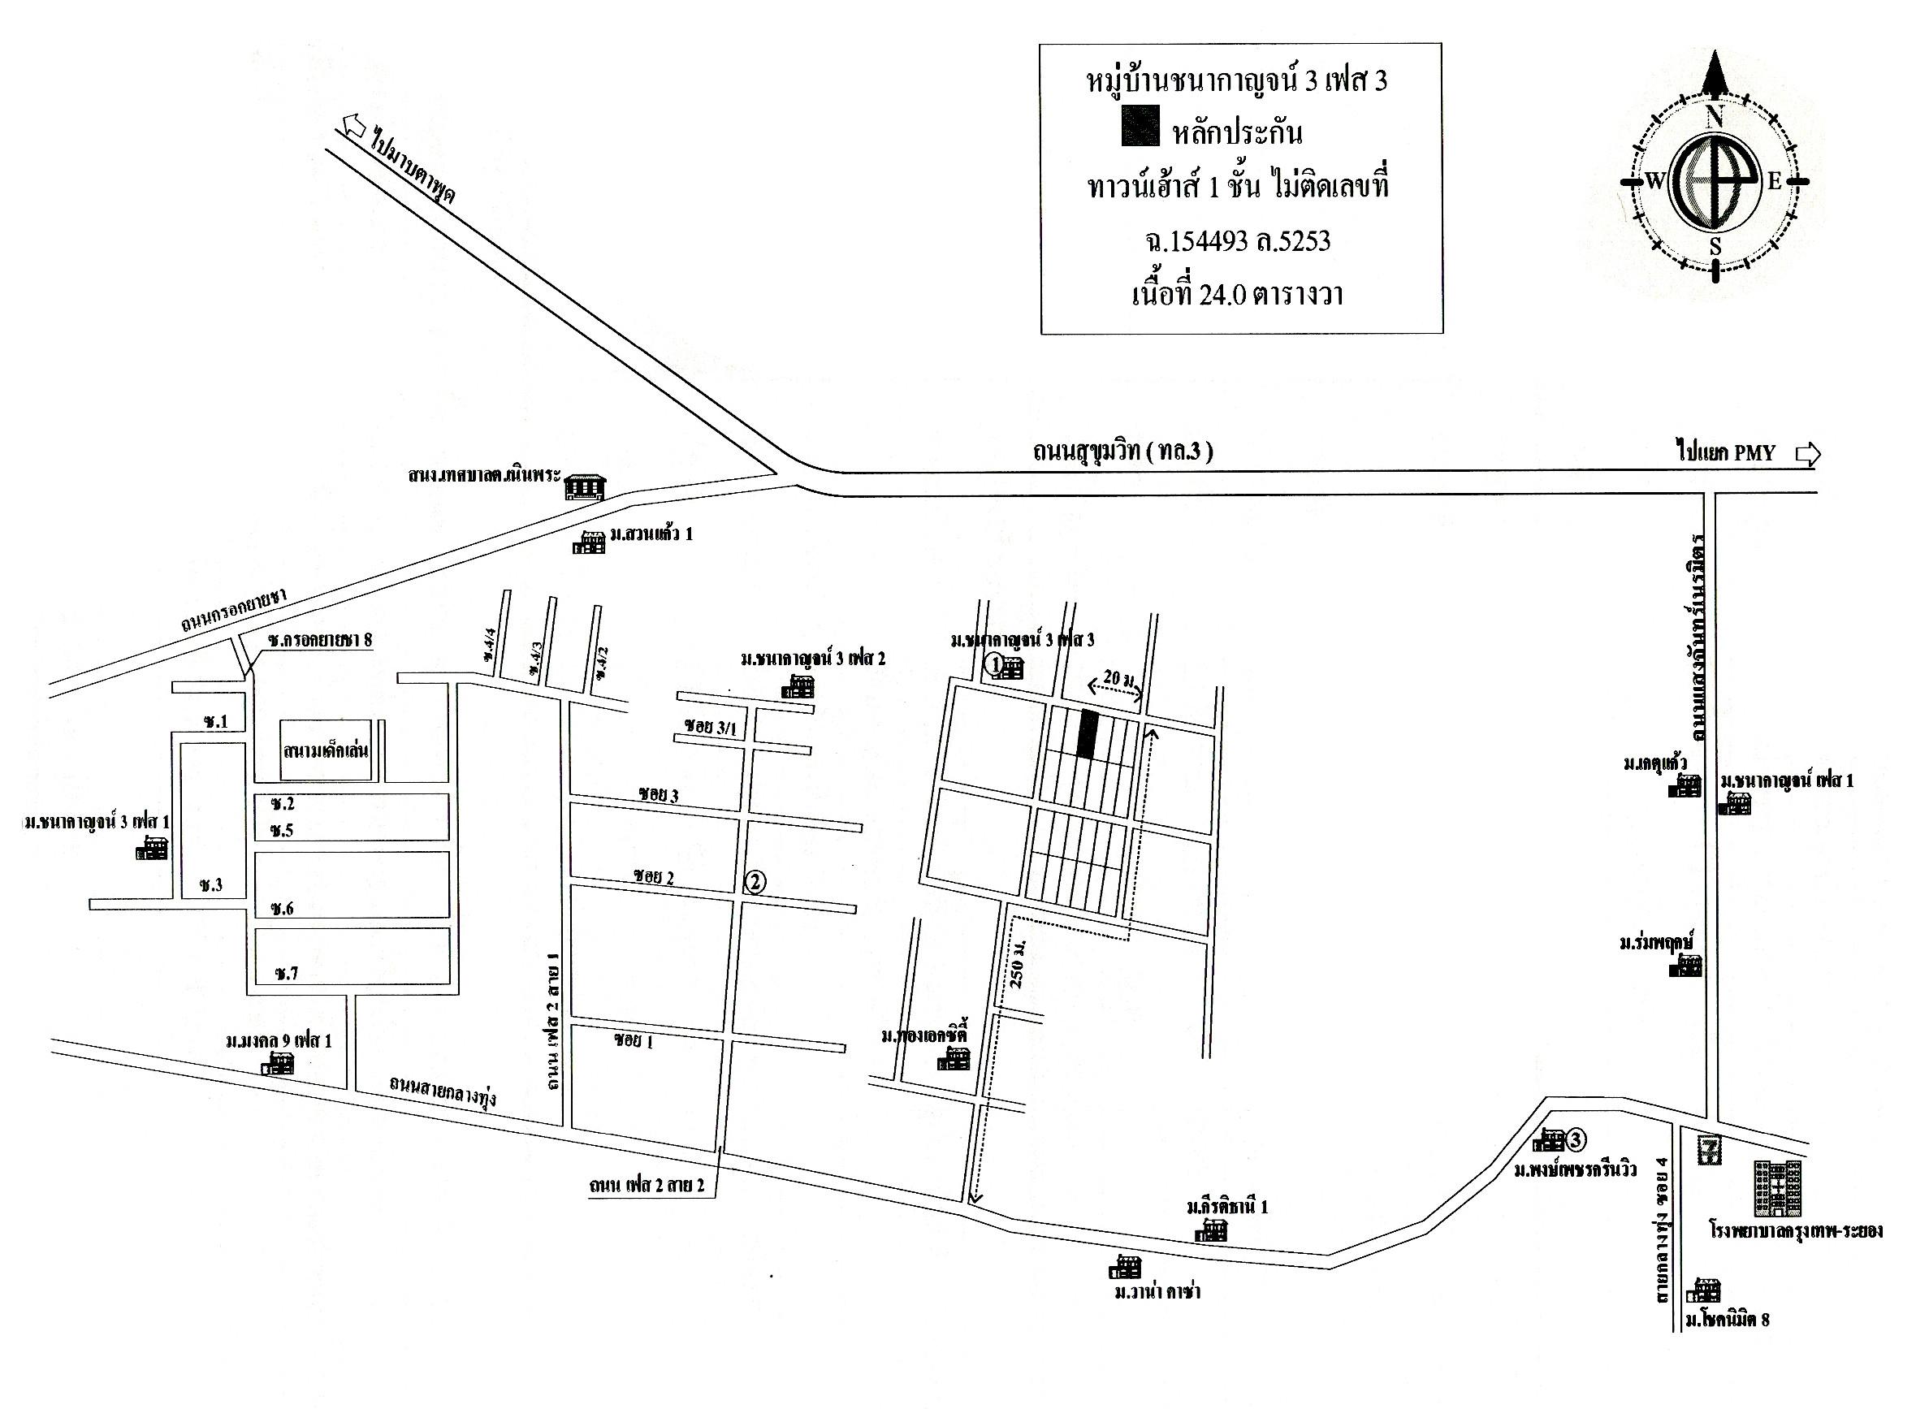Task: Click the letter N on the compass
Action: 1712,118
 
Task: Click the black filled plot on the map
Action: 1086,734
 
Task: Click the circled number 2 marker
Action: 754,882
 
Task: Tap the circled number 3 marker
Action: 1576,1139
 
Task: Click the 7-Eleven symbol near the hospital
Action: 1710,1151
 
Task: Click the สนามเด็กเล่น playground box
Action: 326,750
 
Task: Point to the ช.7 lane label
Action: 286,973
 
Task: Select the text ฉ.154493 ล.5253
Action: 1238,242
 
